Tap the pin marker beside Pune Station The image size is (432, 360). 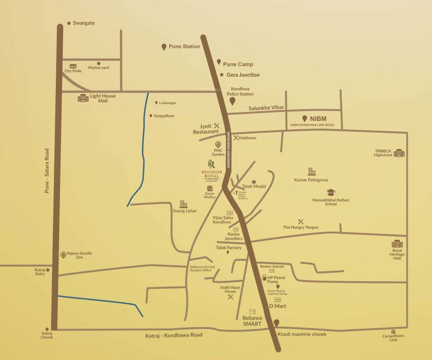point(164,47)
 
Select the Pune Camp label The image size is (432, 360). point(238,64)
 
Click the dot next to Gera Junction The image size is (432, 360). point(222,75)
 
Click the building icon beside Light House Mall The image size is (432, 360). point(83,98)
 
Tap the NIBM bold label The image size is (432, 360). point(318,119)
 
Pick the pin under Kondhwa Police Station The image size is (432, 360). point(232,101)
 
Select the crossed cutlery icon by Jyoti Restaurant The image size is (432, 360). point(216,126)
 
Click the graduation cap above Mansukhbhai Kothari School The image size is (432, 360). point(331,192)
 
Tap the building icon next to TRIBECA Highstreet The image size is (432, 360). point(399,153)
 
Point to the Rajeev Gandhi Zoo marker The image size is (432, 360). point(63,255)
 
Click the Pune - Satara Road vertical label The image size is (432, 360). point(47,171)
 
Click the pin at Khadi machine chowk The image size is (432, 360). point(276,323)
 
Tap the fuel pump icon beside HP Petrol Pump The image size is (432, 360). point(264,278)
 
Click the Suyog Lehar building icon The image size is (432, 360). point(183,204)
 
